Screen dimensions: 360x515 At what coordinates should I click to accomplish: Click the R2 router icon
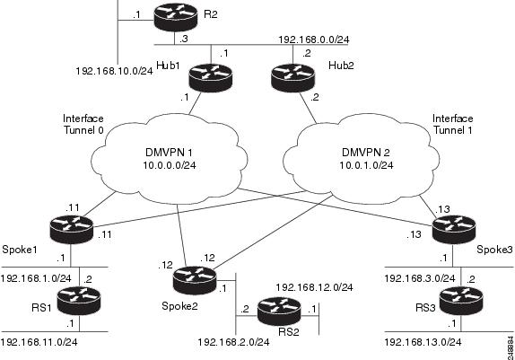tap(169, 17)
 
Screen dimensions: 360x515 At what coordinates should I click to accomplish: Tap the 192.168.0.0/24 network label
tap(315, 41)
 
